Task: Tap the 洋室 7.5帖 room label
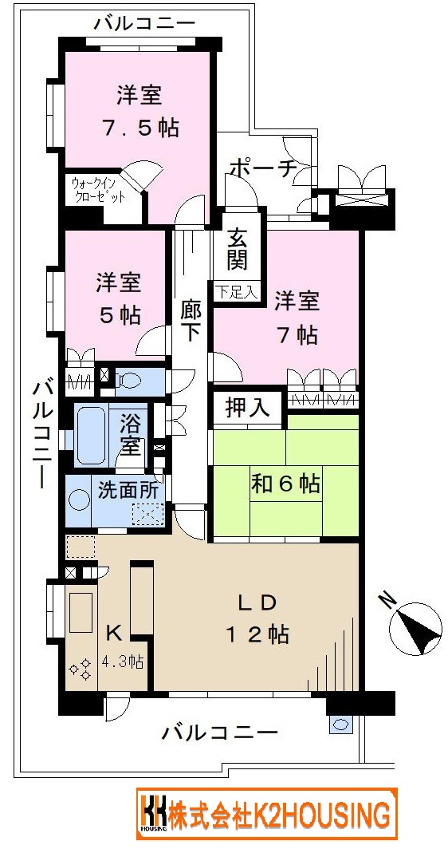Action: pos(140,112)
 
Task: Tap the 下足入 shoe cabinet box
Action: pos(235,291)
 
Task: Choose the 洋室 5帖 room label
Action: pos(119,299)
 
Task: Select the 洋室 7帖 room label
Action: pos(297,318)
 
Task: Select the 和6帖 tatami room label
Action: pos(285,483)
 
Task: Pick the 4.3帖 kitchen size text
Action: pos(123,663)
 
